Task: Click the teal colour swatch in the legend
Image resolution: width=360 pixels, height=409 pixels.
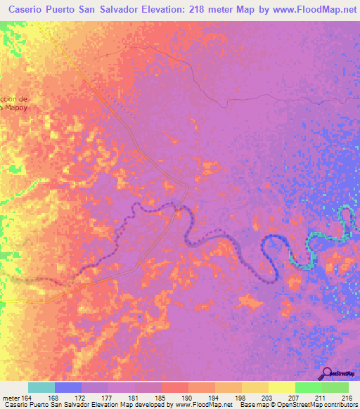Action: click(x=41, y=387)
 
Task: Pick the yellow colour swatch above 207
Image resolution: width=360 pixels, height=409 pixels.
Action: click(x=281, y=387)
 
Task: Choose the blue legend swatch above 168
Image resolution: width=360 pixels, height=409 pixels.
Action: click(x=68, y=387)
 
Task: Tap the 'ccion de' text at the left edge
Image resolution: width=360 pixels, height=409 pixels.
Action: click(x=14, y=98)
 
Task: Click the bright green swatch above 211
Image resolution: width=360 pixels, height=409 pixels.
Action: click(x=309, y=387)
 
